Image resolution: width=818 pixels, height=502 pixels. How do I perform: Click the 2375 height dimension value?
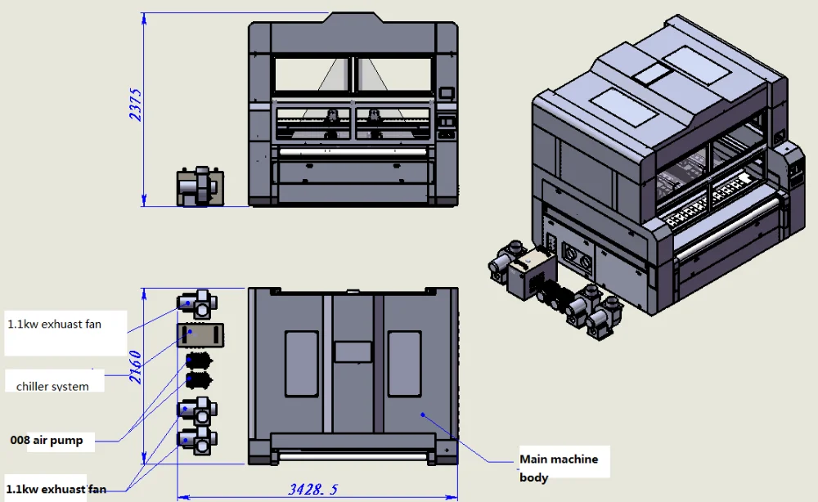[136, 105]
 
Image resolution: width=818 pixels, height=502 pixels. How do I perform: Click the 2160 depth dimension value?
[136, 367]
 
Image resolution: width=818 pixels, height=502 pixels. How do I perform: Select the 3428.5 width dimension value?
[313, 489]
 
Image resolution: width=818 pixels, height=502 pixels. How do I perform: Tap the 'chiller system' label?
[52, 386]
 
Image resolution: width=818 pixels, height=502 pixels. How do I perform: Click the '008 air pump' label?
[47, 440]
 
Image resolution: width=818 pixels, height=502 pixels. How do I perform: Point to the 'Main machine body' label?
[559, 468]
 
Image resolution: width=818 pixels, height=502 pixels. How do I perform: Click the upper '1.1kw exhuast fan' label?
[54, 325]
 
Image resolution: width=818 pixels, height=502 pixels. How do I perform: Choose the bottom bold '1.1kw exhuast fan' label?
[56, 489]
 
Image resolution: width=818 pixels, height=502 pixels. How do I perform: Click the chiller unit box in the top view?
[200, 335]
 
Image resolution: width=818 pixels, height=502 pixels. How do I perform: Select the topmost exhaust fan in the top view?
[198, 304]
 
